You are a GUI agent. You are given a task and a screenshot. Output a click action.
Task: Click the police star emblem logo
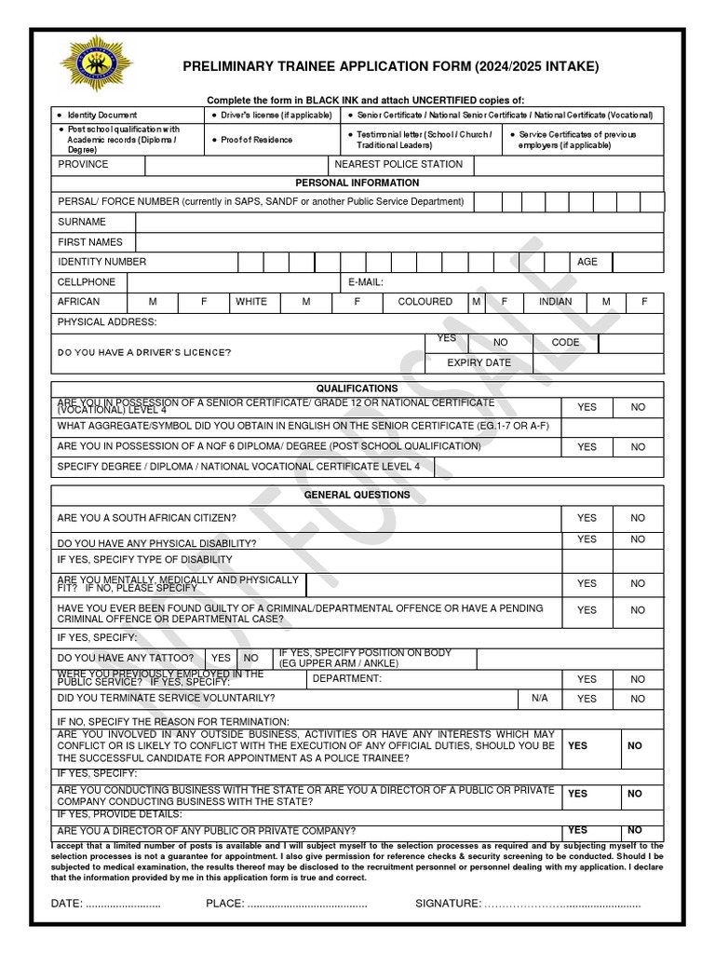pyautogui.click(x=96, y=64)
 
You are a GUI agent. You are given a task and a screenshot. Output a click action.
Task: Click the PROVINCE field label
pyautogui.click(x=83, y=165)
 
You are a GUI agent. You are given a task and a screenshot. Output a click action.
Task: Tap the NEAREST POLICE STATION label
pyautogui.click(x=398, y=165)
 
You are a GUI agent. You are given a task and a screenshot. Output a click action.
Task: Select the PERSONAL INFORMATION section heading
pyautogui.click(x=357, y=183)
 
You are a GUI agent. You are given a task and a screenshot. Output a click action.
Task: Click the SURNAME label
pyautogui.click(x=82, y=222)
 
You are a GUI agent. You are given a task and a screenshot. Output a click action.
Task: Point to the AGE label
pyautogui.click(x=587, y=262)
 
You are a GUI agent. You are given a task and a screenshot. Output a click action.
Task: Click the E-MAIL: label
pyautogui.click(x=366, y=281)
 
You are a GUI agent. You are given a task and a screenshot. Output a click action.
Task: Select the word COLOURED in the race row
pyautogui.click(x=425, y=302)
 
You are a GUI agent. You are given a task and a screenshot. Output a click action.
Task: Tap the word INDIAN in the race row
pyautogui.click(x=556, y=302)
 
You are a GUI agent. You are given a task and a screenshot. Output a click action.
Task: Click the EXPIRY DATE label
pyautogui.click(x=479, y=362)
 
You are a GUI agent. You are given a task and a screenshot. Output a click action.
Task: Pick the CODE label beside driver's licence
pyautogui.click(x=565, y=343)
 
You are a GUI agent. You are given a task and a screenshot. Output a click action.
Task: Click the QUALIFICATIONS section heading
pyautogui.click(x=357, y=388)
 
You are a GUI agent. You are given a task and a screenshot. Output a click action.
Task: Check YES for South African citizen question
pyautogui.click(x=587, y=518)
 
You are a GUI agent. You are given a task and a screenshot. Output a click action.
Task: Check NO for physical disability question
pyautogui.click(x=638, y=539)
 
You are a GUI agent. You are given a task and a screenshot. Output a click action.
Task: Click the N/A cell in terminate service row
pyautogui.click(x=540, y=698)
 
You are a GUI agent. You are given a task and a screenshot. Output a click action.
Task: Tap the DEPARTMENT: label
pyautogui.click(x=347, y=678)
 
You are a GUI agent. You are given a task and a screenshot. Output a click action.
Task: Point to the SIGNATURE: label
pyautogui.click(x=449, y=904)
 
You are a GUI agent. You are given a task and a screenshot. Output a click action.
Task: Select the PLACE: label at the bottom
pyautogui.click(x=224, y=904)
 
